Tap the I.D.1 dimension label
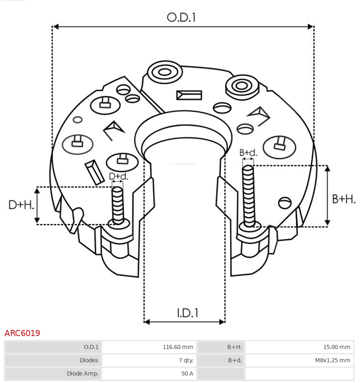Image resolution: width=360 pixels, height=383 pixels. coord(187,313)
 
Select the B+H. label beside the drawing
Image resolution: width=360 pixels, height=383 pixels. coord(343,199)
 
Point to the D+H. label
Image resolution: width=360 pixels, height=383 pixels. coord(21,205)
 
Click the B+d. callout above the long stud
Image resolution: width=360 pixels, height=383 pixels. coord(248,153)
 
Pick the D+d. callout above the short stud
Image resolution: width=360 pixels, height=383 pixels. coord(118,177)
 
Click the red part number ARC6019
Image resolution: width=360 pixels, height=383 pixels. coord(22,333)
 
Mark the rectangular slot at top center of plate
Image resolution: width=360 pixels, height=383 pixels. coord(189,95)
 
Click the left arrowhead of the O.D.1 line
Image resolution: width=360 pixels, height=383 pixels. coord(56,27)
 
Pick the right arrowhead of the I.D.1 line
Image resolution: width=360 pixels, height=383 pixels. coord(222,322)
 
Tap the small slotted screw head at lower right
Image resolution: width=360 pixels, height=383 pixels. coord(285,202)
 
